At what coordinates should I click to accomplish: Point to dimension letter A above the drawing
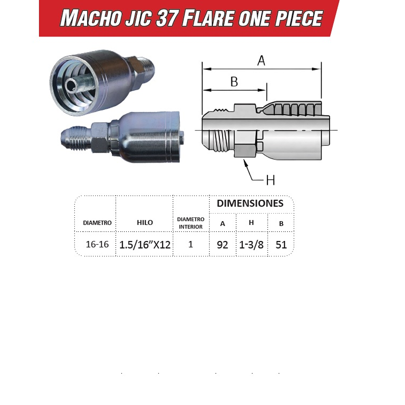click(261, 61)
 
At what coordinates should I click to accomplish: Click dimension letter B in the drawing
click(234, 81)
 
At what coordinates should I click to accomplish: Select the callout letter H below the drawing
click(270, 180)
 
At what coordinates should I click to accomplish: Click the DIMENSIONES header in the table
click(250, 203)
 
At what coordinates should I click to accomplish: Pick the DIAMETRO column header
click(97, 223)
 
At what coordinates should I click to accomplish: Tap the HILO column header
click(145, 222)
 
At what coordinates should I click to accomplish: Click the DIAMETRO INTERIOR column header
click(191, 223)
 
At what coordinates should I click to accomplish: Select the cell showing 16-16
click(97, 244)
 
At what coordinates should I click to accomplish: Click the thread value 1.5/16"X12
click(145, 245)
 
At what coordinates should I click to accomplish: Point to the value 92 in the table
click(222, 245)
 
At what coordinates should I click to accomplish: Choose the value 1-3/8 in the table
click(251, 245)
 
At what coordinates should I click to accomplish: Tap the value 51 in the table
click(281, 245)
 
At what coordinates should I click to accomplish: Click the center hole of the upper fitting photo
click(72, 85)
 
